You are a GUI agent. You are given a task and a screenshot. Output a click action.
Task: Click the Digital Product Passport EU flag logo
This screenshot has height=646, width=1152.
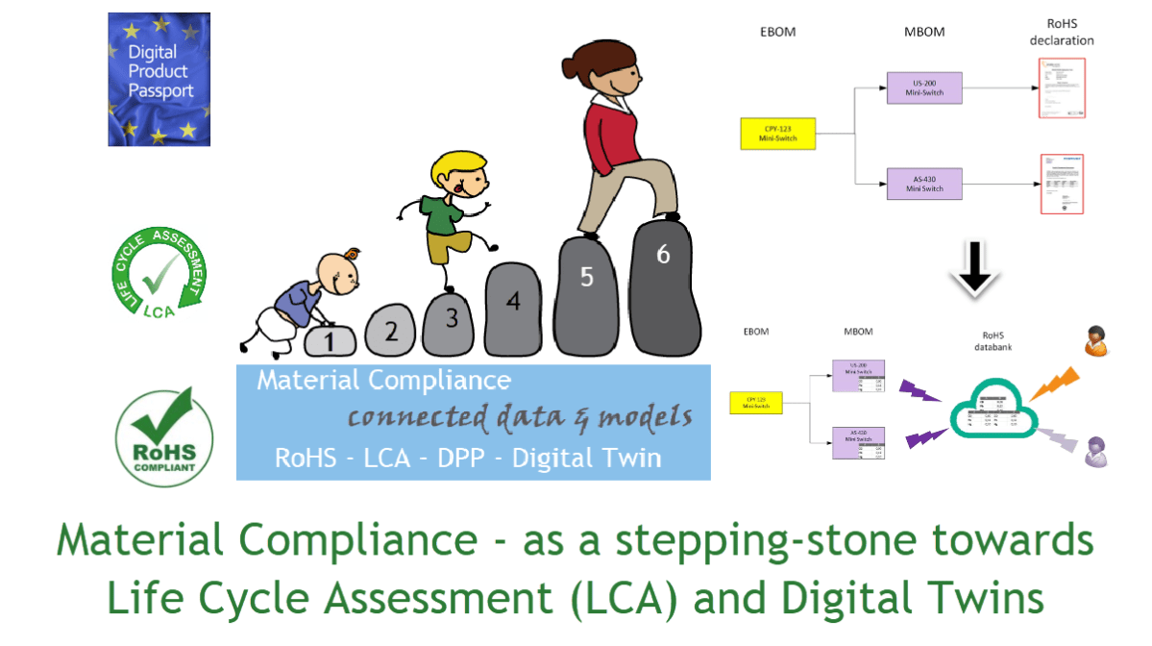coord(159,79)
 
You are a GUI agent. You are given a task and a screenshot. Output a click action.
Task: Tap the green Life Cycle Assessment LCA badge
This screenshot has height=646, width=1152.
coord(159,274)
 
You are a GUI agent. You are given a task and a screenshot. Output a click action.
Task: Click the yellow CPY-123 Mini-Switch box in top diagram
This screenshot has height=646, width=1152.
coord(777,133)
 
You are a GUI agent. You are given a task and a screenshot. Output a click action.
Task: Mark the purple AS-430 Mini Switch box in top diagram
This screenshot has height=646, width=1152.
coord(923,183)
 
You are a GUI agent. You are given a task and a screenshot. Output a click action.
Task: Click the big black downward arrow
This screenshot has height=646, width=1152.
coord(974,264)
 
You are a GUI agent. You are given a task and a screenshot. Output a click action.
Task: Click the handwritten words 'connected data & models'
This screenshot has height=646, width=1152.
coord(520,418)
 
